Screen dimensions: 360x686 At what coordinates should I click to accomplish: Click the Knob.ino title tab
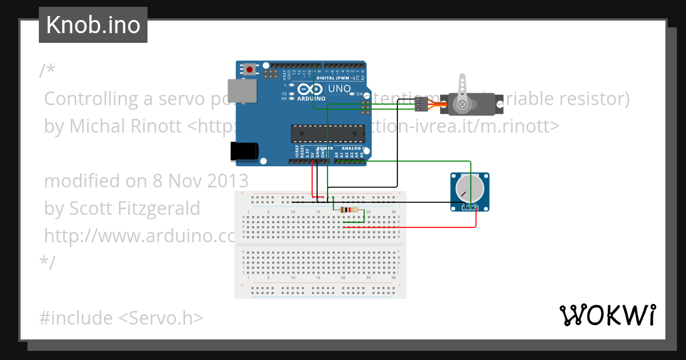93,25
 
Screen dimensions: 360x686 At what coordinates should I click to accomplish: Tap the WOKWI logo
607,315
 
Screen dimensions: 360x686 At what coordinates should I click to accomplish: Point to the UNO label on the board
339,89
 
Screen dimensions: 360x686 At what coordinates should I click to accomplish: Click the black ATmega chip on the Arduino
328,133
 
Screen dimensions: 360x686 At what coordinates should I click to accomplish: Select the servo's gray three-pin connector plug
420,104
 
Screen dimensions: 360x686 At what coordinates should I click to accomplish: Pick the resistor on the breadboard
349,210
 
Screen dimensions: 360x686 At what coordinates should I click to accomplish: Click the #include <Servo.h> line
121,318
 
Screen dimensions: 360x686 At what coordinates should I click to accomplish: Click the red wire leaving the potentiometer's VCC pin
476,220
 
